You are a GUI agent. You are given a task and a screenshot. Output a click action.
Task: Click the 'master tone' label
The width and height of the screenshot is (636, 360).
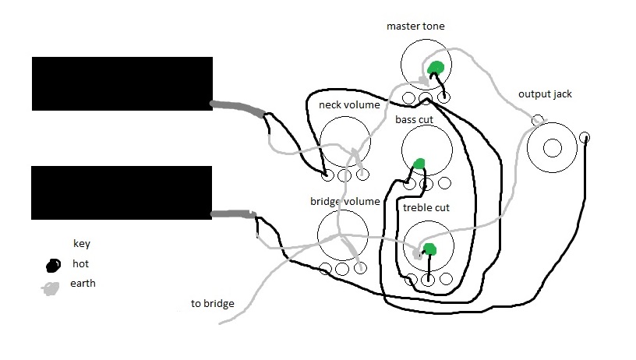415,26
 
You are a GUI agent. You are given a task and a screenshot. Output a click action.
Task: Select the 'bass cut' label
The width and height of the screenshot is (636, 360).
414,120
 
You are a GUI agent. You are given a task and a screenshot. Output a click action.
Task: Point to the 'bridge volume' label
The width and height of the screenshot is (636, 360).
344,201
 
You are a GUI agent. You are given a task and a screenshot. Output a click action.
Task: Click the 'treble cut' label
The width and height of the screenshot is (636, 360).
426,208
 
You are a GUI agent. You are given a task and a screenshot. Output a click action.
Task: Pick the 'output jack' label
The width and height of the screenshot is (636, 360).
545,94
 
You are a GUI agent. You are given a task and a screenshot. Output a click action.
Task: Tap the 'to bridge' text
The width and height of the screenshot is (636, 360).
212,303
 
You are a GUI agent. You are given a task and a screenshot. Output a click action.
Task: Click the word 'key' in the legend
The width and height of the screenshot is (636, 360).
82,243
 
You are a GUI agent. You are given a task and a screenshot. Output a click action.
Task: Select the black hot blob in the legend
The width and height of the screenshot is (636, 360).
52,264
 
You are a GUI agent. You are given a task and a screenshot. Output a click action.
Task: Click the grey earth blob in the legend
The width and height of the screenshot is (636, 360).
51,287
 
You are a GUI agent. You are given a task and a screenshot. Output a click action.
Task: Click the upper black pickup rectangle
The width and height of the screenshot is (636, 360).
122,83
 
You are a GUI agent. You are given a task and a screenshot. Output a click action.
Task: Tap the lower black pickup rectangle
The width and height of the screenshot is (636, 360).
122,192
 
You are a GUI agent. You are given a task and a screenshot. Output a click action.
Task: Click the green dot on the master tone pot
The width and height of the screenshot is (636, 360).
436,68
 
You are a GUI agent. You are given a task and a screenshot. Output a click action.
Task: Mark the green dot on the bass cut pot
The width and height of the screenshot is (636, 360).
419,164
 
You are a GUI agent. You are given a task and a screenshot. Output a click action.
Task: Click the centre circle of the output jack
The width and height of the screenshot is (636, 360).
553,147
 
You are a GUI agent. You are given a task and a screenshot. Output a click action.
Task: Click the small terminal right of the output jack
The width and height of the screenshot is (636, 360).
585,138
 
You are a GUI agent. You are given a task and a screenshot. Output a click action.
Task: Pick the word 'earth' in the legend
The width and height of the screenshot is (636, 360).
82,283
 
